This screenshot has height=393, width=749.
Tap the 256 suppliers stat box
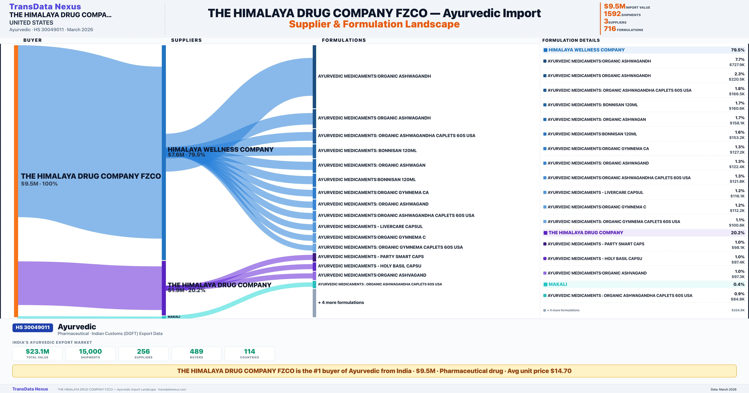click(x=143, y=354)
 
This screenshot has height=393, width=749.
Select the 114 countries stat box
click(x=250, y=354)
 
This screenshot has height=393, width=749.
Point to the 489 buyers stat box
click(x=197, y=354)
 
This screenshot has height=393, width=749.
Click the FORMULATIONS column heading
click(x=344, y=40)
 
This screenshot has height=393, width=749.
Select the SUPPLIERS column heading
click(x=186, y=40)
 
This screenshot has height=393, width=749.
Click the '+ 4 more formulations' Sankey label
click(x=341, y=302)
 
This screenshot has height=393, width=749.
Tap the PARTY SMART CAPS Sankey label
click(x=371, y=256)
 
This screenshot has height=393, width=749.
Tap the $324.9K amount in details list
click(x=738, y=310)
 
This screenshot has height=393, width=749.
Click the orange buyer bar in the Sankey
click(x=16, y=180)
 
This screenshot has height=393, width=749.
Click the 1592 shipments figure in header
click(x=612, y=14)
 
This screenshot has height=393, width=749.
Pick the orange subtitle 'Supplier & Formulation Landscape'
click(x=374, y=24)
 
